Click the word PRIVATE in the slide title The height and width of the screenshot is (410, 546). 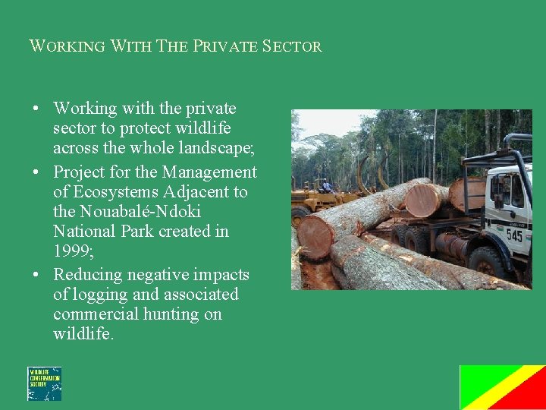pos(226,46)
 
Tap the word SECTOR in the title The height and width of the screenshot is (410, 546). pos(292,46)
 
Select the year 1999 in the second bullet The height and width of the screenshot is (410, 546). pos(71,251)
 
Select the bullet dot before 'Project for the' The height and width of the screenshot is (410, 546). pos(36,172)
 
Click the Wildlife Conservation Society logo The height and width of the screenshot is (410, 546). pos(45,383)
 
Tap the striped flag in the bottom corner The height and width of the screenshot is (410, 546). pos(502,387)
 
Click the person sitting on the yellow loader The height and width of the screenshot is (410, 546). pos(326,185)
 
